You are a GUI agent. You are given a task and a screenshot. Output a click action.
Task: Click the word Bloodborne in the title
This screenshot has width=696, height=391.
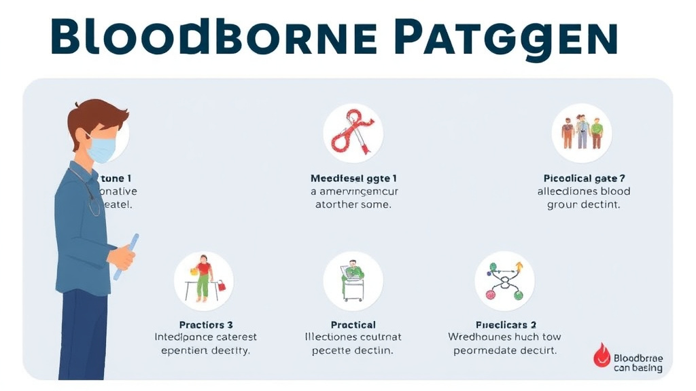(214, 39)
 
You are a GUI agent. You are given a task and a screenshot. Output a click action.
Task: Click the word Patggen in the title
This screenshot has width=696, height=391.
(506, 39)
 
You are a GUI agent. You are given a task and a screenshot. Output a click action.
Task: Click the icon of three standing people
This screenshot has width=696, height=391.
(582, 132)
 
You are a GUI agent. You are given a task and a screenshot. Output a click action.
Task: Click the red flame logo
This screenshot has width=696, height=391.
(602, 355)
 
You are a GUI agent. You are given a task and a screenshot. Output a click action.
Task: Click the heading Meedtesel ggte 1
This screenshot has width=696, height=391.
(353, 178)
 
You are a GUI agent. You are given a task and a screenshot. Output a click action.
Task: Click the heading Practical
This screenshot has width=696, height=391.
(353, 324)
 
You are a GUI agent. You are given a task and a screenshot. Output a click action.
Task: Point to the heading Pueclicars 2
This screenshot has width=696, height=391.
(506, 324)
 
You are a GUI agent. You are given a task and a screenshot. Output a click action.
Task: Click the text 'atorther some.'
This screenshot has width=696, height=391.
(353, 204)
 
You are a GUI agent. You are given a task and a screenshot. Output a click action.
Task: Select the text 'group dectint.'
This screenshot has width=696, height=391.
(584, 204)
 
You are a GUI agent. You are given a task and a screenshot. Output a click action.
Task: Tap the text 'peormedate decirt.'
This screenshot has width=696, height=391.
(505, 350)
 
